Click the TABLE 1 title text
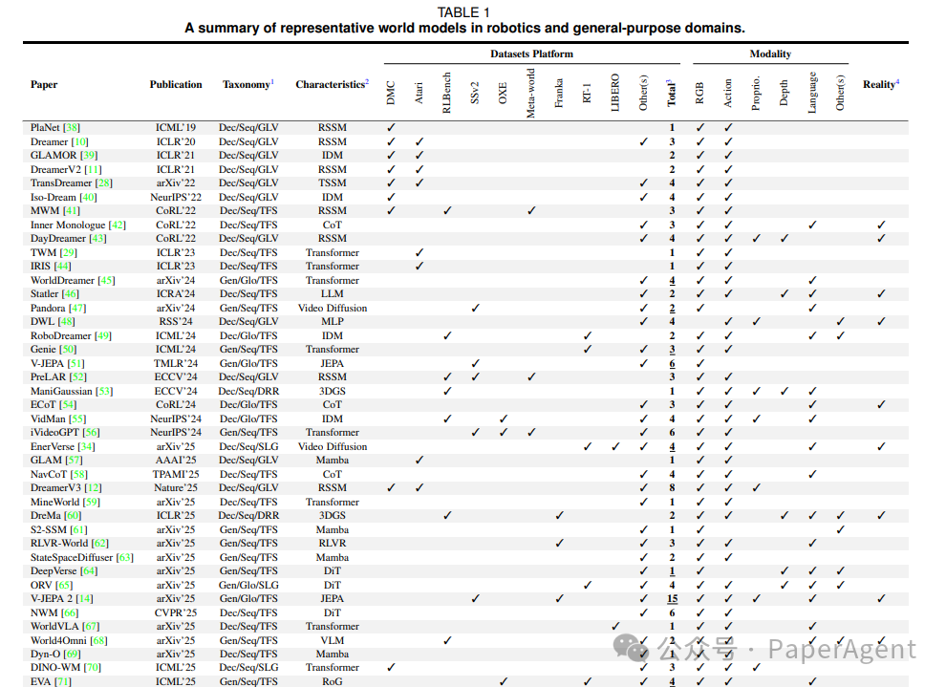coord(463,12)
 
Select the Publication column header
coord(176,84)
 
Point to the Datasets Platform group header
coord(532,54)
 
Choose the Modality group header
coord(770,54)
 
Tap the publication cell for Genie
coord(176,350)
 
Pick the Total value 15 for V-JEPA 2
coord(673,599)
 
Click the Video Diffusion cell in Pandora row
coord(333,308)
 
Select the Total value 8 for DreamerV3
coord(673,488)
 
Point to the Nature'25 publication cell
coord(176,488)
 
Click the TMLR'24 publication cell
coord(176,363)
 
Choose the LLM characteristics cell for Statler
coord(333,294)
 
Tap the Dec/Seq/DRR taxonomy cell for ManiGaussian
coord(248,391)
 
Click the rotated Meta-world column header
coord(531,93)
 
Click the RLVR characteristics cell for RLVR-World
coord(333,544)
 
